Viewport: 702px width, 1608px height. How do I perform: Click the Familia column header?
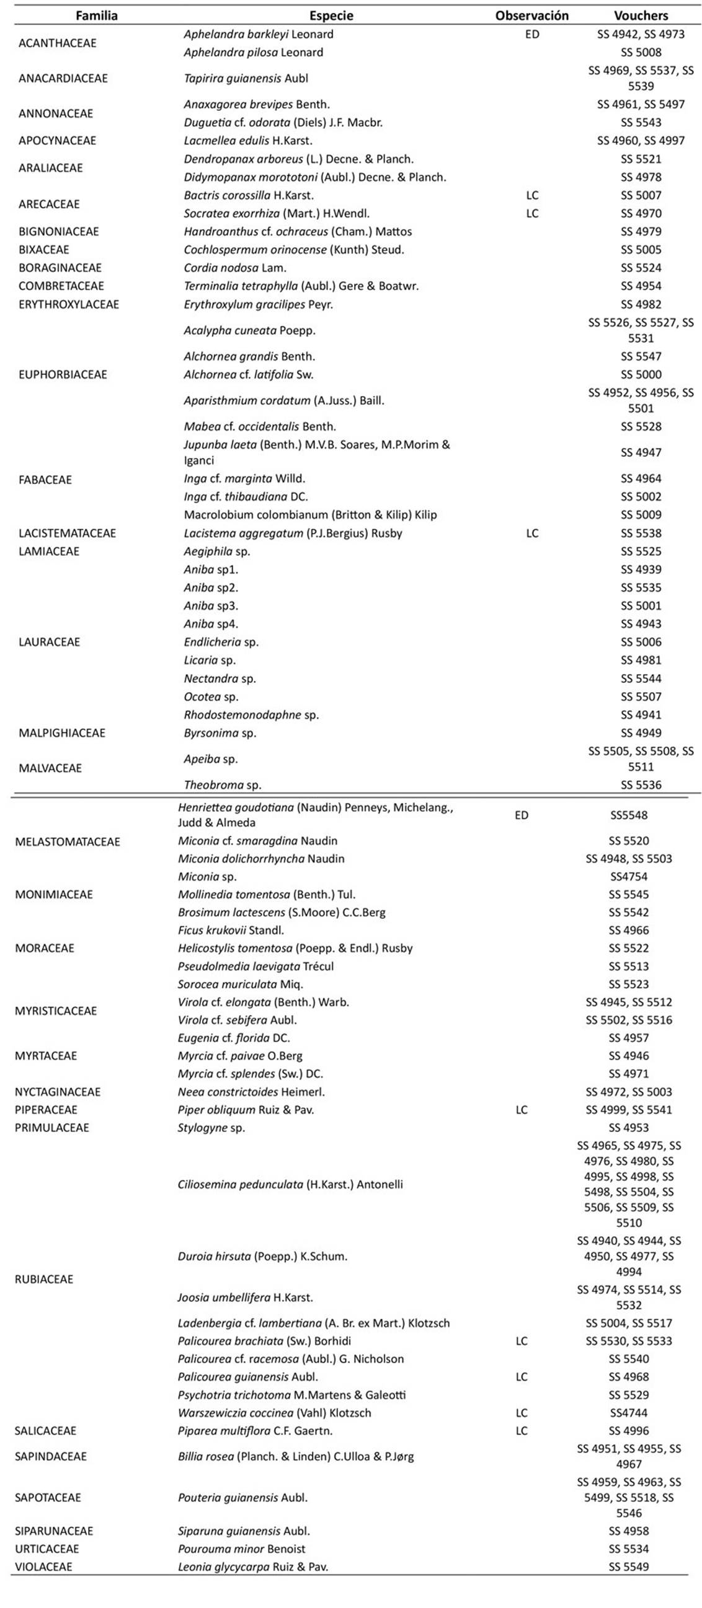click(x=96, y=15)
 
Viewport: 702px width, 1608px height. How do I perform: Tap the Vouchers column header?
click(x=641, y=15)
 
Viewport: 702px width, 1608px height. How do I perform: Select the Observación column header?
click(x=531, y=15)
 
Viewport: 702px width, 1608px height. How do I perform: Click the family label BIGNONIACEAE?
click(x=59, y=232)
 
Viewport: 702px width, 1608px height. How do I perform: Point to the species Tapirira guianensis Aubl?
click(x=237, y=78)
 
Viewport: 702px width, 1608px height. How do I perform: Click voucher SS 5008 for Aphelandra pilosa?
click(x=641, y=53)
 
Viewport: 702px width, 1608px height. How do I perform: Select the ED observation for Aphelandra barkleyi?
click(x=531, y=34)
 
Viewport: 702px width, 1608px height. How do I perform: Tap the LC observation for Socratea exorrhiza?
click(x=531, y=214)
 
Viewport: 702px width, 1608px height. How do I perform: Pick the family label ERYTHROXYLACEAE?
click(x=69, y=305)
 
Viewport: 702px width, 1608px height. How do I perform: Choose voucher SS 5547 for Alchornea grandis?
click(x=641, y=356)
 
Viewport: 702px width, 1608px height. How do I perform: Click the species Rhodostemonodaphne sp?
click(x=251, y=714)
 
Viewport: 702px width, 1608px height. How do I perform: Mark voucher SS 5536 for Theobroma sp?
click(x=641, y=784)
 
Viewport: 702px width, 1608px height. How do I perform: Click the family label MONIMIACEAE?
click(x=54, y=895)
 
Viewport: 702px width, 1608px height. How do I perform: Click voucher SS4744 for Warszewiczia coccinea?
click(x=629, y=1413)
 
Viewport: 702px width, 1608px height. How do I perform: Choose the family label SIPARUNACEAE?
click(x=54, y=1531)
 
